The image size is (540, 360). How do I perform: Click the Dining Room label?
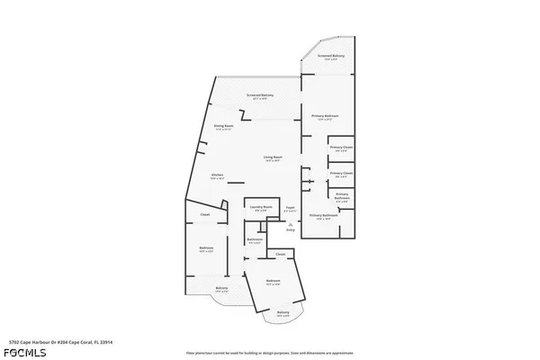[x=223, y=126]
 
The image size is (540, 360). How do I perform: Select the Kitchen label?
[x=217, y=175]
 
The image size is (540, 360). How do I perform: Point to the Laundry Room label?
[x=261, y=209]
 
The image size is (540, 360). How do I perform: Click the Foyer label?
[x=290, y=209]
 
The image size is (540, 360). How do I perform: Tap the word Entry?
[x=290, y=230]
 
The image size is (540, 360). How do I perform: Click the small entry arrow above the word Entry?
[x=290, y=223]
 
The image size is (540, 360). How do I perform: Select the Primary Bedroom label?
[x=324, y=116]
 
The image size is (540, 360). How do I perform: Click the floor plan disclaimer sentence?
[x=269, y=352]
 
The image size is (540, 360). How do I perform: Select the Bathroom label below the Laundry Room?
[x=254, y=238]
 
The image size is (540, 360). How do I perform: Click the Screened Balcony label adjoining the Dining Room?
[x=261, y=94]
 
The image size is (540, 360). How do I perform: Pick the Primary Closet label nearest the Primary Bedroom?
[x=341, y=147]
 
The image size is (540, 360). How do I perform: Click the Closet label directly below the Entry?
[x=280, y=256]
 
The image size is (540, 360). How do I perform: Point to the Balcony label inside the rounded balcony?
[x=283, y=312]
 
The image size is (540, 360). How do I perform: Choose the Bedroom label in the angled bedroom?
[x=273, y=282]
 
